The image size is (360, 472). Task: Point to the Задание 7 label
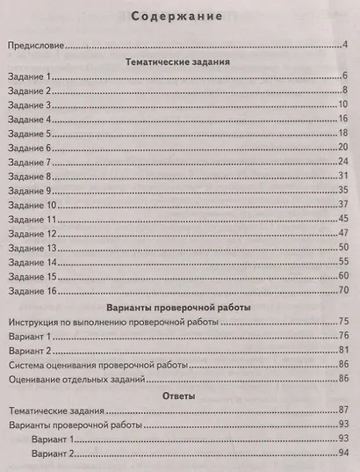(x=31, y=163)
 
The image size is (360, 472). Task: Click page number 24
(x=344, y=163)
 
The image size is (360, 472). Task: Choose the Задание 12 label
(x=33, y=235)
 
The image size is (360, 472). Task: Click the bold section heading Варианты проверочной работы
(x=179, y=309)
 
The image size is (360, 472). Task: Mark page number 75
(x=344, y=323)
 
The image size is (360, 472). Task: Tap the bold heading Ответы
(x=179, y=396)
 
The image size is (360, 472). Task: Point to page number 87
(x=344, y=410)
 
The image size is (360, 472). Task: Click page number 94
(x=344, y=454)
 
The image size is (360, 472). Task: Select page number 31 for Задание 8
(x=344, y=177)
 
